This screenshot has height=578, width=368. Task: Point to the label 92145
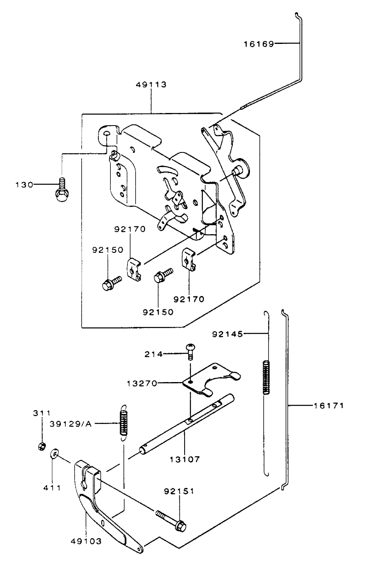click(x=227, y=334)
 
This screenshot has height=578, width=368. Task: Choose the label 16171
click(x=329, y=405)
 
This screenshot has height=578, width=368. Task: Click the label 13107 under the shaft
click(x=185, y=459)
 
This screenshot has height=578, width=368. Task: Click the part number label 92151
click(x=179, y=491)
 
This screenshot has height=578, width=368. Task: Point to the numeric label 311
click(x=42, y=413)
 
